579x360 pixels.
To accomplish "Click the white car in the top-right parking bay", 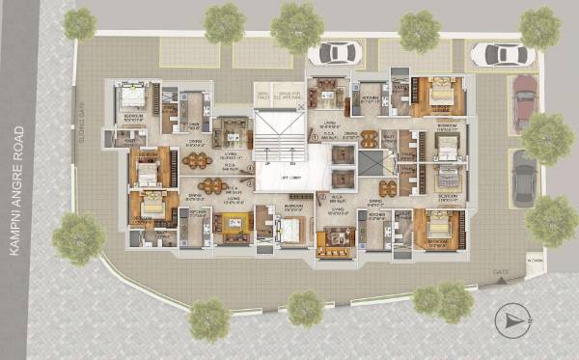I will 498,54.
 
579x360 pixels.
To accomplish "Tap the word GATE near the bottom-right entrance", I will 499,272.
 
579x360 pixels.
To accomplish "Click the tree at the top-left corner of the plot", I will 79,24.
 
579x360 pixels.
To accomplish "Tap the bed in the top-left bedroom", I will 130,97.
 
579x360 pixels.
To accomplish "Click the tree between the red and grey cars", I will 547,137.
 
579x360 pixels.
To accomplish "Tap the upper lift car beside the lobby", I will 343,153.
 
